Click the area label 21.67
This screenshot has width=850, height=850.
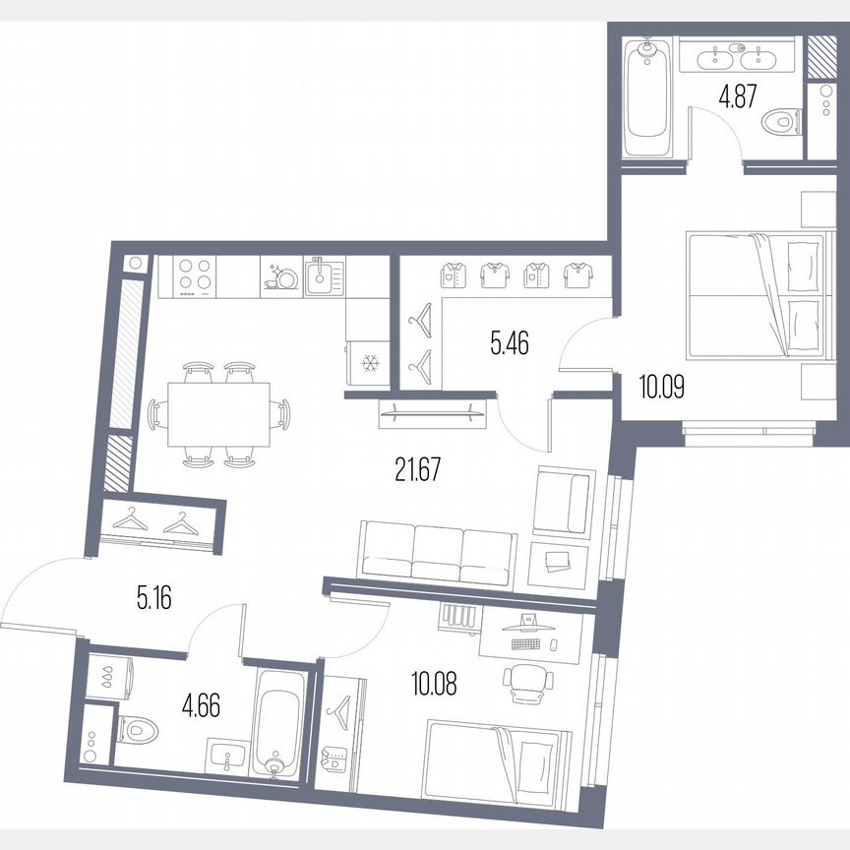tap(412, 469)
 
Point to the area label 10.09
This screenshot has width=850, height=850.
tap(662, 385)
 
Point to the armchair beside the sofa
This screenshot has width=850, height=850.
tap(563, 501)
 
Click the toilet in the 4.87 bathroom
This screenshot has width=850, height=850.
tap(780, 123)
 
